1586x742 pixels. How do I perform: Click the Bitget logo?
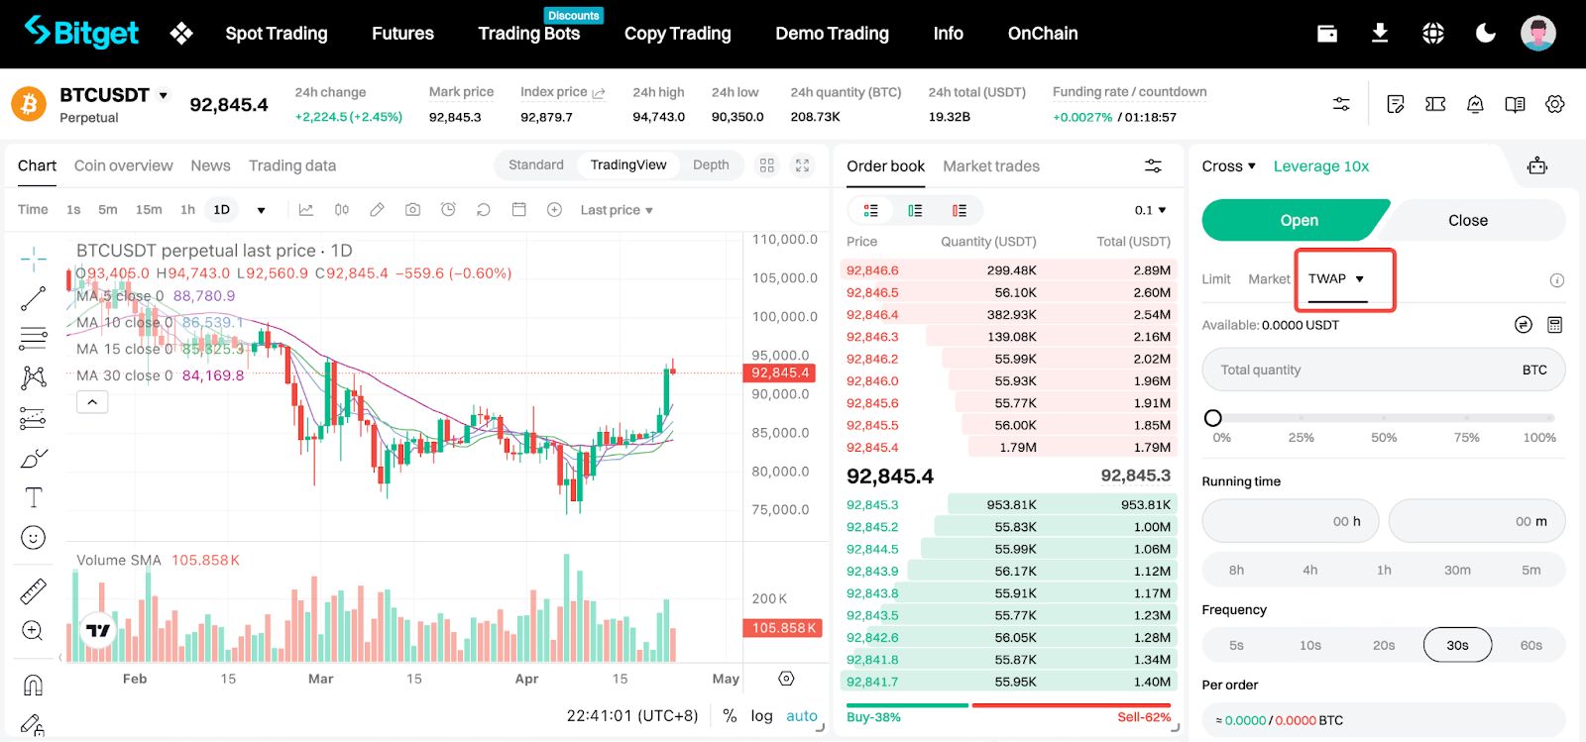click(81, 33)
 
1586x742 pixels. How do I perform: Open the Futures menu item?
click(402, 34)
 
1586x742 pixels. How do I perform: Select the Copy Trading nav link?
click(677, 34)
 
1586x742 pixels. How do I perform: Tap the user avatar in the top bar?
click(1537, 33)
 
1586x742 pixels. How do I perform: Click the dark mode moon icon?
click(1485, 34)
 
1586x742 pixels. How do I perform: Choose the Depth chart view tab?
click(710, 164)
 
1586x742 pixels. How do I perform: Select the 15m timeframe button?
click(149, 209)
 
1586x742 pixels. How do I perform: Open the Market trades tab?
click(990, 166)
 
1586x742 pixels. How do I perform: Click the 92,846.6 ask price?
click(872, 270)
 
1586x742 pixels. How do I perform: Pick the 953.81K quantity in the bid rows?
click(1011, 504)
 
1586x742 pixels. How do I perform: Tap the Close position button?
click(1468, 220)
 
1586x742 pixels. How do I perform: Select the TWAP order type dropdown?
click(1336, 278)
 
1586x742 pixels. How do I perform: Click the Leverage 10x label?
click(1320, 166)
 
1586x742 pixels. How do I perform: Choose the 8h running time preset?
click(1236, 570)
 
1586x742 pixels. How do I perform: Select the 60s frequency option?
click(1530, 644)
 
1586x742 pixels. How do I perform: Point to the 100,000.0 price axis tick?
click(784, 316)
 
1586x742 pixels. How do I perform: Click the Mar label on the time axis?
click(320, 679)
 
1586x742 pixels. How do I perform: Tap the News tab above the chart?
click(210, 165)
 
